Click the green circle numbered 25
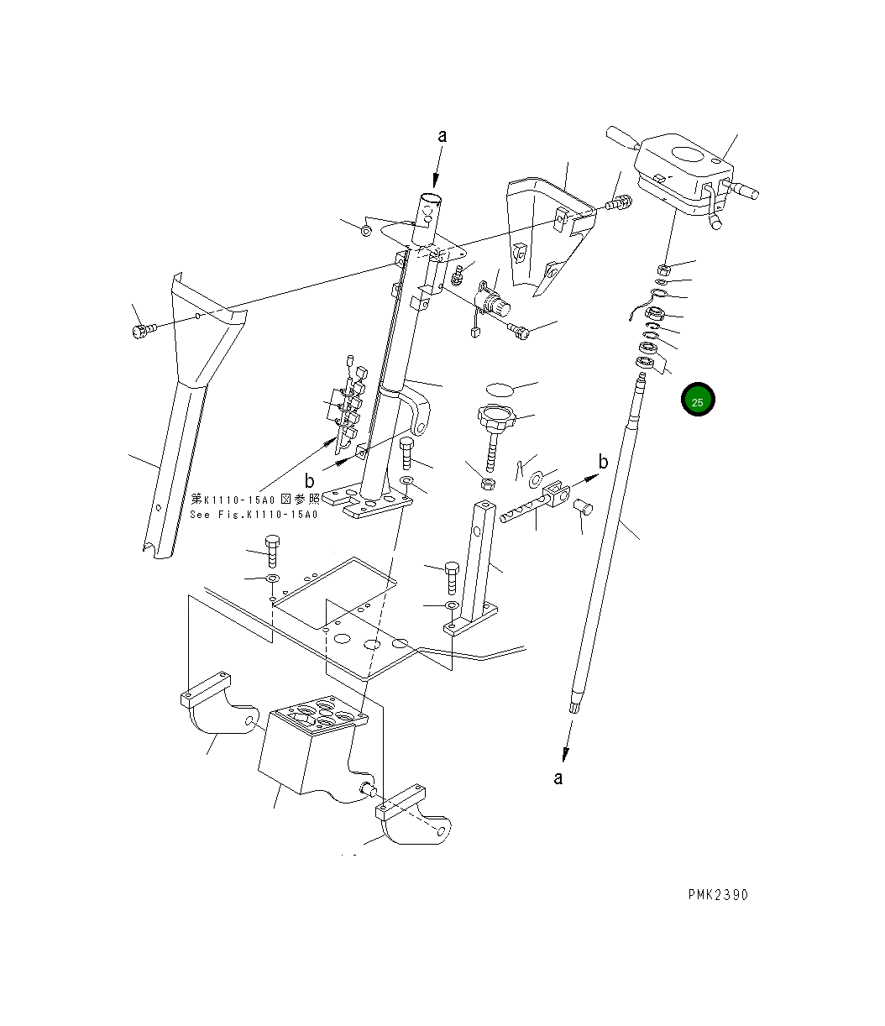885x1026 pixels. [x=697, y=400]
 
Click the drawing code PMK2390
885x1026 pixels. [x=716, y=894]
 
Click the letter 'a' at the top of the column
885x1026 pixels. [x=442, y=136]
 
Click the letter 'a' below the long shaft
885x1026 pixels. [x=558, y=778]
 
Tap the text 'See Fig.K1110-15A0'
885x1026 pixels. [x=254, y=515]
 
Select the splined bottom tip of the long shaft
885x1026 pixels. [x=575, y=705]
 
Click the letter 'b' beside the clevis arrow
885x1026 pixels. [x=603, y=462]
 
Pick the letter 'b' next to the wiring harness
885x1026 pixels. [x=310, y=481]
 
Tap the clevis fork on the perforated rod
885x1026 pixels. [x=557, y=493]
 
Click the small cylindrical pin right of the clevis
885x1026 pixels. [x=583, y=506]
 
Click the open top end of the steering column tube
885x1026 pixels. [x=432, y=199]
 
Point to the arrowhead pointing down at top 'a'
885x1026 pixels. [x=437, y=180]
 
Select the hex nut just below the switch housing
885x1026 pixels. [x=662, y=270]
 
